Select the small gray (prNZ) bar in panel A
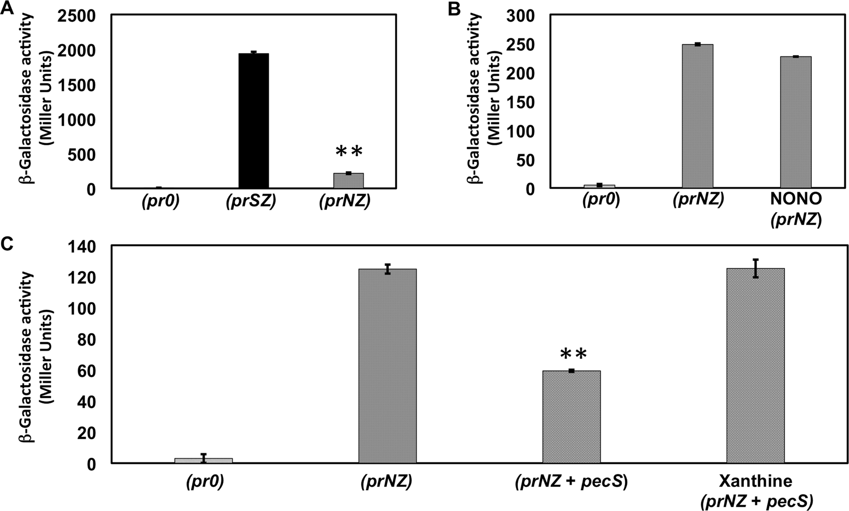point(348,181)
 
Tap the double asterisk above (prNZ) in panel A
point(349,152)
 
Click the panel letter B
point(454,9)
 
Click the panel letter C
point(7,244)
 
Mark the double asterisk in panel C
point(573,354)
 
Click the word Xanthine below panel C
point(755,482)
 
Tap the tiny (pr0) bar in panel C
point(203,460)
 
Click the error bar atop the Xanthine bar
point(755,268)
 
